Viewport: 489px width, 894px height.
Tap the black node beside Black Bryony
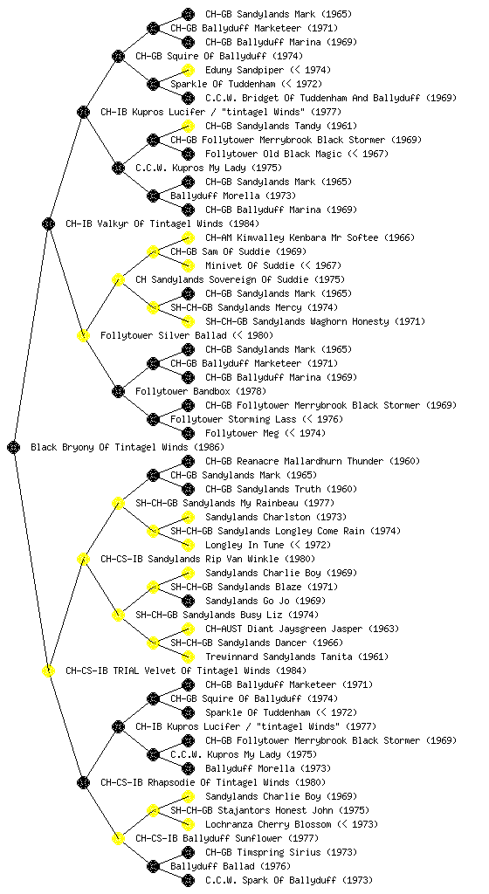(14, 447)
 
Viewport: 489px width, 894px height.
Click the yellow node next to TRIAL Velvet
(48, 670)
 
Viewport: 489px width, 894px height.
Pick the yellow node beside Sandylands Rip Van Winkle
(83, 559)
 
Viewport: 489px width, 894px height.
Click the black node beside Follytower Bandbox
(118, 391)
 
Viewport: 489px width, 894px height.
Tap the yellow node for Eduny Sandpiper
(188, 70)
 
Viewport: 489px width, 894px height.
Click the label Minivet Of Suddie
(250, 265)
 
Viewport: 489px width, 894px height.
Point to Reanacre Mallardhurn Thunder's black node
(188, 461)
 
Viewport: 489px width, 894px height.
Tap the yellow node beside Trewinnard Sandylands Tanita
(188, 657)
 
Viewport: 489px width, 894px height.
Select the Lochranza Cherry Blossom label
(268, 824)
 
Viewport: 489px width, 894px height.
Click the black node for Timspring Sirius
(188, 852)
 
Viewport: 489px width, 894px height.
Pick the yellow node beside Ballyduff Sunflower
(118, 838)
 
